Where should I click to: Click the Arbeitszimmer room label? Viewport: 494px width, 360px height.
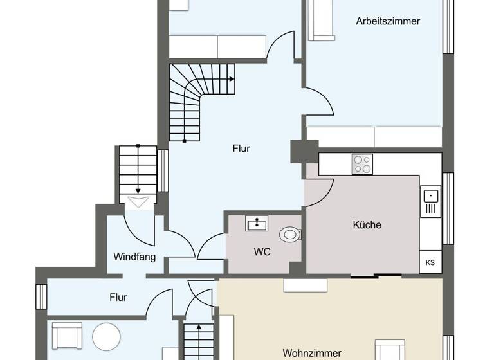pos(388,21)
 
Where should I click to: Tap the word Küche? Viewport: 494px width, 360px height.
pos(367,225)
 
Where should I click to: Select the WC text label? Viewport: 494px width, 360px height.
pos(262,251)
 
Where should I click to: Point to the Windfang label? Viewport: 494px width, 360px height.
pos(134,256)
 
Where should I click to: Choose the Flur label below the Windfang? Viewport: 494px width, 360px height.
pos(118,298)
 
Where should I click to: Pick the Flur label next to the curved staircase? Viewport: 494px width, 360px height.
pos(241,148)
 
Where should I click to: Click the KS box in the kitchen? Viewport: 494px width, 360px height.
pos(430,263)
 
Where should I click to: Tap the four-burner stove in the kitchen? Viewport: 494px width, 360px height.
pos(362,165)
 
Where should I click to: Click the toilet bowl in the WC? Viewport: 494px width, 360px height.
pos(291,234)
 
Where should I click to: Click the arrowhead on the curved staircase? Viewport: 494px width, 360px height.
pos(231,79)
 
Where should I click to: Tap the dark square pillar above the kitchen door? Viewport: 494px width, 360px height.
pos(300,151)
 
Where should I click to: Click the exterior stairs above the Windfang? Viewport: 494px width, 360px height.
pos(138,170)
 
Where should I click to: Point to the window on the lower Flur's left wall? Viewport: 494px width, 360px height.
pos(41,296)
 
